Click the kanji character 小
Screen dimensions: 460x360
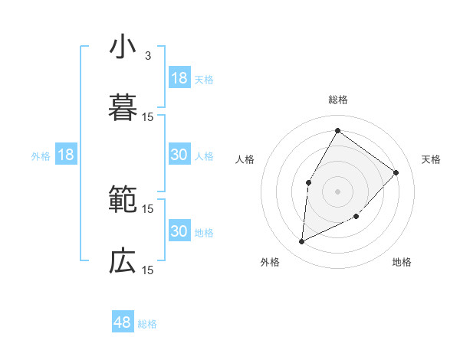[x=123, y=47]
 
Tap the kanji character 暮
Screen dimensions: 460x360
[x=123, y=108]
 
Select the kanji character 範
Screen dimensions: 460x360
[x=123, y=200]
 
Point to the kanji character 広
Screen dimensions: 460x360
[x=123, y=261]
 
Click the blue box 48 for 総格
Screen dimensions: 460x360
[x=123, y=322]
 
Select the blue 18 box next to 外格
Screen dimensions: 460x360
[x=65, y=155]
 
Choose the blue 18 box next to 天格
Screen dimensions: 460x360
[x=179, y=78]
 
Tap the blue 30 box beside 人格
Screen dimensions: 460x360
[x=179, y=155]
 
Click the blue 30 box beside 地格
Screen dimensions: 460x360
[x=179, y=231]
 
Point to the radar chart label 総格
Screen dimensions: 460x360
[x=338, y=100]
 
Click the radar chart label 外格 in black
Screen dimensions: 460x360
[x=270, y=263]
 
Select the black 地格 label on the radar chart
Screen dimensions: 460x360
[x=402, y=263]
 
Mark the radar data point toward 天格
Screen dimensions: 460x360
[x=396, y=172]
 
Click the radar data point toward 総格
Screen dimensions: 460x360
[x=337, y=130]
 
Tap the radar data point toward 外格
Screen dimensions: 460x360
[x=302, y=242]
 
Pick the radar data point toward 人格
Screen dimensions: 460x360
[x=309, y=182]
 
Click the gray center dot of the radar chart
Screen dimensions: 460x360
[x=337, y=191]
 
